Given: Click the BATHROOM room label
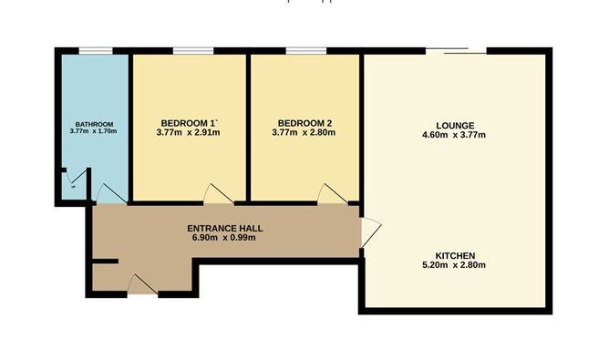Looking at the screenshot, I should tap(94, 124).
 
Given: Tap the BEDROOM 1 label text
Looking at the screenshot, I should tap(189, 123).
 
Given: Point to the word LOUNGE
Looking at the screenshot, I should tap(455, 125).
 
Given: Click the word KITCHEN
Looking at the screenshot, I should tap(455, 255).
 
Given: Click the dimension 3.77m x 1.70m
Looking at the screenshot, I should tap(94, 132).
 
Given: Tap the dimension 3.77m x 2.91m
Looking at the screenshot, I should tap(189, 133).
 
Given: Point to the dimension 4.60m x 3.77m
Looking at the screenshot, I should tap(455, 135).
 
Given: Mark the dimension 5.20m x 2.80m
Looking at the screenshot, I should tap(455, 265).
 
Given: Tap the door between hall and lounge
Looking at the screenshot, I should tap(370, 232).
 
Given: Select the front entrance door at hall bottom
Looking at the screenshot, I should tap(141, 285).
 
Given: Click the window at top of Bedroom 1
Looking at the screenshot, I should tap(188, 51).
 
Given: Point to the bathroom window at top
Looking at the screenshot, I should tap(93, 51).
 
